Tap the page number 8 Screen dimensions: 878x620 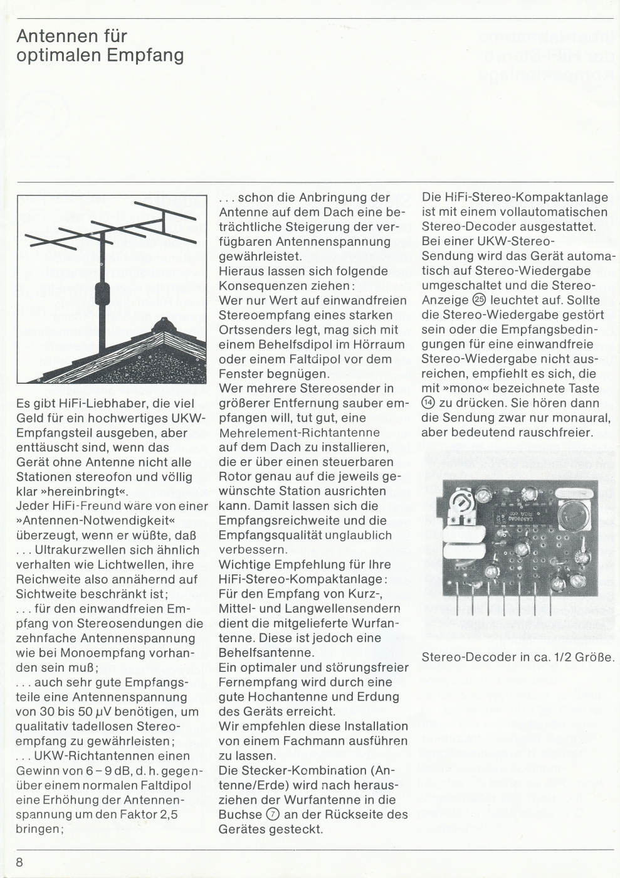tap(19, 862)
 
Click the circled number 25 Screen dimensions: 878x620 tap(481, 300)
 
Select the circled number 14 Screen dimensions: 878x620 tap(428, 403)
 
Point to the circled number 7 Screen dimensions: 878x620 tap(272, 815)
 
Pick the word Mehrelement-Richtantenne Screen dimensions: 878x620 tap(299, 432)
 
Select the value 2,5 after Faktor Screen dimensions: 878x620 tap(166, 815)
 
